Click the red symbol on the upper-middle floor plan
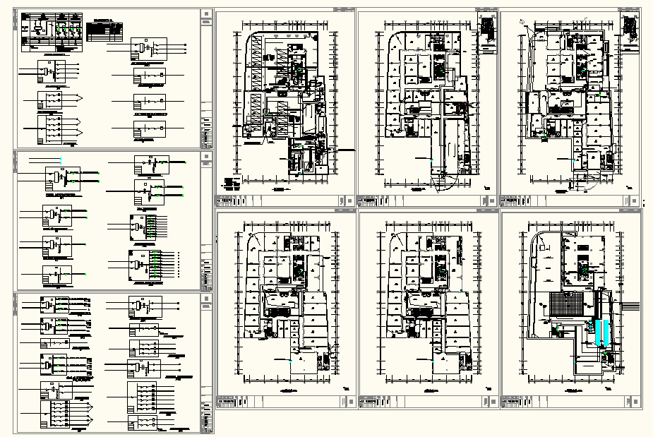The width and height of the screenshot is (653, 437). [461, 108]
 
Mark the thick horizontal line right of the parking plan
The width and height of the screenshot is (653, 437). [345, 150]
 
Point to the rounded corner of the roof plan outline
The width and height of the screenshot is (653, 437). [534, 234]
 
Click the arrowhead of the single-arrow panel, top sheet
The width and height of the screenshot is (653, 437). [83, 97]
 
